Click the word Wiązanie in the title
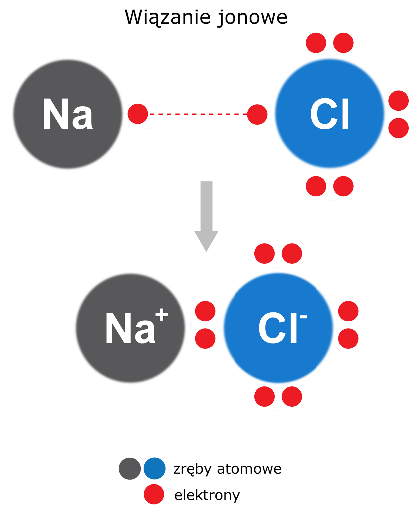168,17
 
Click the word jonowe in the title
253,18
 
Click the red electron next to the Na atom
138,114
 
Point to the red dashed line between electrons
198,114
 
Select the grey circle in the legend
130,468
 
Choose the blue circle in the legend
154,468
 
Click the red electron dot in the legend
154,494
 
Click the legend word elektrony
207,495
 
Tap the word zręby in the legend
192,469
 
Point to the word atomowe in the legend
249,469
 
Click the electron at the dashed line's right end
257,114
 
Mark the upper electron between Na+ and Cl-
205,311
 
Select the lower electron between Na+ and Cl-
205,338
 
